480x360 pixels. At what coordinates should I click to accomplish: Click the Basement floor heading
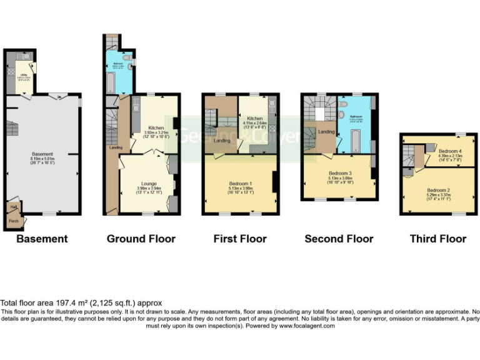coord(42,238)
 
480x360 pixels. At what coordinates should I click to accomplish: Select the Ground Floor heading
coord(141,238)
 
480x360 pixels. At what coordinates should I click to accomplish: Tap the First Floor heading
coord(240,238)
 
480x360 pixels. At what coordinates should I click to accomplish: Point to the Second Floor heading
coord(339,238)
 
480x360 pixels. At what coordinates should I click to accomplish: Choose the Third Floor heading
coord(438,238)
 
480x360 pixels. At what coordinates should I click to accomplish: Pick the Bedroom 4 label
coord(450,151)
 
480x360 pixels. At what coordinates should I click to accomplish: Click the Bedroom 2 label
coord(439,190)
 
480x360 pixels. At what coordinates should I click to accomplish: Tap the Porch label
coord(13,221)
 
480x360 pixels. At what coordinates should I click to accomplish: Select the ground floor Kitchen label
coord(156,127)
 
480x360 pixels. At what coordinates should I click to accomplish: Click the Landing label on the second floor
coord(327,132)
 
